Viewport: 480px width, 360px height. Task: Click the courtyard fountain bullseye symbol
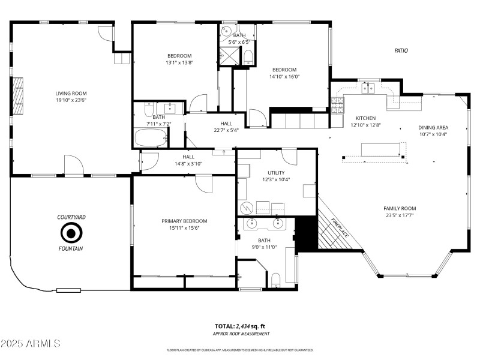(x=71, y=232)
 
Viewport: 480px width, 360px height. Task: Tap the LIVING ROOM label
(x=71, y=93)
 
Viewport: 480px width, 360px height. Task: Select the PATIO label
(x=401, y=51)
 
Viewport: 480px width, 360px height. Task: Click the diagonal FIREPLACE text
(x=340, y=227)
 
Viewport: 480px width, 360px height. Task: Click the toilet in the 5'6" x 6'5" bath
(x=248, y=57)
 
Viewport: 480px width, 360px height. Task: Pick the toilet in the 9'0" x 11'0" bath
(x=276, y=280)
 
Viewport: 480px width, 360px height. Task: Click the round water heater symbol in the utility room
(x=246, y=208)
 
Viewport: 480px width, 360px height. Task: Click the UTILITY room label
(x=276, y=173)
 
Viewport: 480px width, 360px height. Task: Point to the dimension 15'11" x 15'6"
(x=184, y=228)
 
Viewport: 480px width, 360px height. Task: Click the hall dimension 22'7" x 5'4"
(x=226, y=130)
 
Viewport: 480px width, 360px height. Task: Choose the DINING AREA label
(x=433, y=127)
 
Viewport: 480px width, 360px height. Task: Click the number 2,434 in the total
(x=243, y=326)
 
